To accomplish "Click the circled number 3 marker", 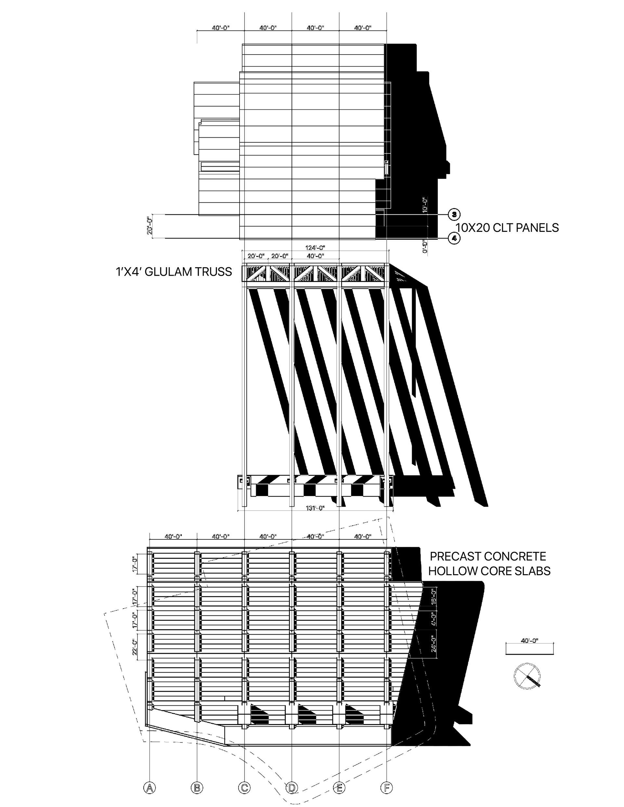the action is [454, 214].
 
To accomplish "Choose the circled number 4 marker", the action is [454, 238].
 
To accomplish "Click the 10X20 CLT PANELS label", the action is [507, 228].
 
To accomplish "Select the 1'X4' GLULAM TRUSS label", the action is [174, 272].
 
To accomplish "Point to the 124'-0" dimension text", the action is [315, 248].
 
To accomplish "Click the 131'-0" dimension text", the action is [315, 508].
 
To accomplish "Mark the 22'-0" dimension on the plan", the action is [136, 644].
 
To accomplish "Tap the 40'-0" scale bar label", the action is [529, 641].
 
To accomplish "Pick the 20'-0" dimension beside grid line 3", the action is [150, 226].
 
